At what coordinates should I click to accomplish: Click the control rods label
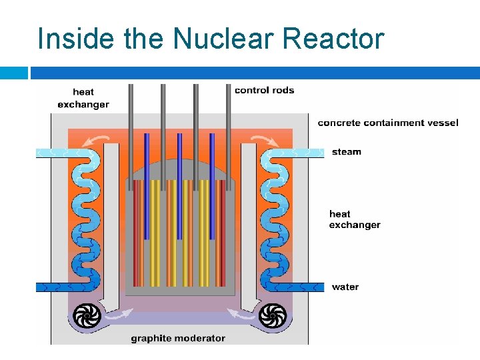[x=264, y=90]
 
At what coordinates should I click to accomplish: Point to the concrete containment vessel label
[x=388, y=123]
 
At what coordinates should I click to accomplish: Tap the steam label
[x=346, y=152]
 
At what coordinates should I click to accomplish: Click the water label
[x=345, y=287]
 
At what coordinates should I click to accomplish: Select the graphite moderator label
[x=178, y=338]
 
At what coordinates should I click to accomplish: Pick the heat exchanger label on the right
[x=354, y=219]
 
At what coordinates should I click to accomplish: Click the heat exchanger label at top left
[x=83, y=98]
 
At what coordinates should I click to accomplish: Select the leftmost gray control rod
[x=131, y=133]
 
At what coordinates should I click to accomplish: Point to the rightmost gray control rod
[x=227, y=133]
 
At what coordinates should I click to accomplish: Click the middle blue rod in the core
[x=179, y=187]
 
